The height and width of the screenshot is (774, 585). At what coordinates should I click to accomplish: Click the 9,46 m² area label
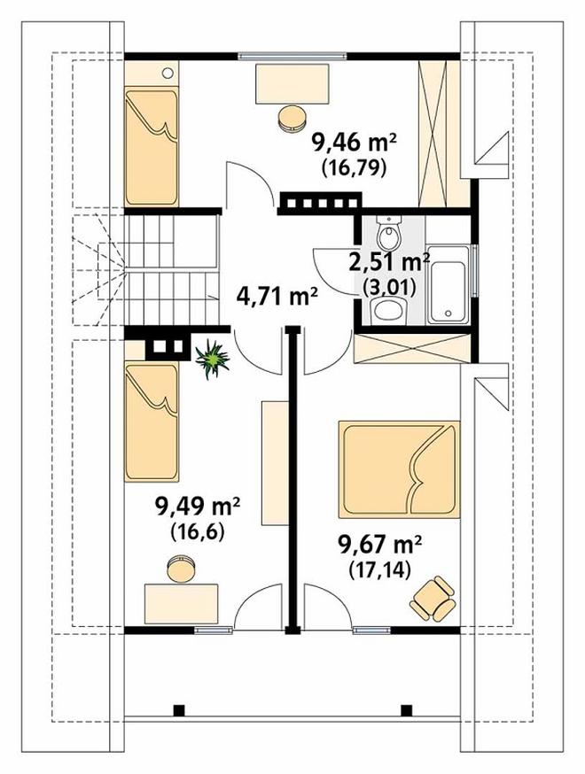pos(355,144)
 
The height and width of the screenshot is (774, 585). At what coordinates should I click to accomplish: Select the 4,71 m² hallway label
pos(277,297)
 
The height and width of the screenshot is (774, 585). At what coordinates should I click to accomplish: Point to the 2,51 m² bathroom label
pos(389,262)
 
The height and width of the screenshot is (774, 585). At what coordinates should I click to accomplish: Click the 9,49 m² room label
pos(198,507)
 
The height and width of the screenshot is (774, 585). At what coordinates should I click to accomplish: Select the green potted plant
pos(213,359)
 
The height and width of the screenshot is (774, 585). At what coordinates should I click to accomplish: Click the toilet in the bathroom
pos(390,234)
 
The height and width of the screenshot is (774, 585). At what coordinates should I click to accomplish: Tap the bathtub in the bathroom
pos(447,284)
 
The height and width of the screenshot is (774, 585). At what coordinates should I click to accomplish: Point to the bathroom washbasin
pos(389,311)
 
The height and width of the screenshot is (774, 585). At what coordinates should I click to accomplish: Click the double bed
pos(399,469)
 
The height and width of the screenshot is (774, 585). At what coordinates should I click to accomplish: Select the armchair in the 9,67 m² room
pos(433,599)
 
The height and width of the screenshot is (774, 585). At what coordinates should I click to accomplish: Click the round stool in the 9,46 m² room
pos(292,119)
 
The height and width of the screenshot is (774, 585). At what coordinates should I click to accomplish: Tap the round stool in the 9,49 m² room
pos(182,569)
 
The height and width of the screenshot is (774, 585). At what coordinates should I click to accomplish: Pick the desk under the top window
pos(292,83)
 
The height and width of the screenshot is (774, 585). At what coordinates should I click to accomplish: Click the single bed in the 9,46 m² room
pos(152,146)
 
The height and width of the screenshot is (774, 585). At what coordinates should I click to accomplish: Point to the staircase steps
pos(171,270)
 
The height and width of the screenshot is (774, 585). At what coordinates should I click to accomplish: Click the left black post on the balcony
pos(179,710)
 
